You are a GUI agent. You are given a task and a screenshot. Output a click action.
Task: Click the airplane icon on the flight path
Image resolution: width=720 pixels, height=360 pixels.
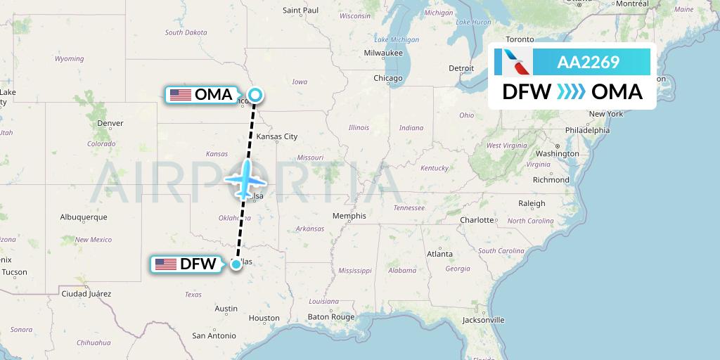243,178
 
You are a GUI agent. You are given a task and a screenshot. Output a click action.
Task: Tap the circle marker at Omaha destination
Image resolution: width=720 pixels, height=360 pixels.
255,94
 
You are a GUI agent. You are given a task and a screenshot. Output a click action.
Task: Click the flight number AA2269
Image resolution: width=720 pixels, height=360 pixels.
588,62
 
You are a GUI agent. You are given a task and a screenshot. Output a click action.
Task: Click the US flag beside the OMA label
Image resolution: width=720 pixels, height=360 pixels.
181,94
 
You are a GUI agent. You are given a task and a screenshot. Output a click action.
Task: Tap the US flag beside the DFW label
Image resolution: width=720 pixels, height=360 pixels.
166,264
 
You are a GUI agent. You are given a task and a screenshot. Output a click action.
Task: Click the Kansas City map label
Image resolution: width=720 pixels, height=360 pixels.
277,136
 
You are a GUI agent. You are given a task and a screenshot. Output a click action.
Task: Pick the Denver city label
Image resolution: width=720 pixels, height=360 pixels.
110,123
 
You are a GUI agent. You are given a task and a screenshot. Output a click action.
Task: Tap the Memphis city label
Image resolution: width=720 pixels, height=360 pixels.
349,216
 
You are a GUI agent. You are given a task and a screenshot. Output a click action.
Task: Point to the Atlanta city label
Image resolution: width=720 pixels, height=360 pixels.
440,254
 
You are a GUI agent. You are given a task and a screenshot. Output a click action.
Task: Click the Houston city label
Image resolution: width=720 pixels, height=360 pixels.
264,318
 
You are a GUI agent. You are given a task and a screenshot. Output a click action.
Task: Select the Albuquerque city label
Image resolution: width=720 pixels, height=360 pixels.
84,217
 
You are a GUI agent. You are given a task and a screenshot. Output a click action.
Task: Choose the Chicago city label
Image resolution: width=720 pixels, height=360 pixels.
388,78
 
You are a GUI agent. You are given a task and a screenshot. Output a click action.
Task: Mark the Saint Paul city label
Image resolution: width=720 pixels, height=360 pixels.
300,11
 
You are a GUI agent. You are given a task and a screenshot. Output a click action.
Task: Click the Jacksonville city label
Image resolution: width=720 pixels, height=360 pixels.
483,320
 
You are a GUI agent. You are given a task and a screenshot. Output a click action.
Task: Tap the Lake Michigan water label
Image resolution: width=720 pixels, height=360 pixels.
396,39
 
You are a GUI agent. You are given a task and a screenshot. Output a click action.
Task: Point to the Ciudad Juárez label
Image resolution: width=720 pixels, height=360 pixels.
86,293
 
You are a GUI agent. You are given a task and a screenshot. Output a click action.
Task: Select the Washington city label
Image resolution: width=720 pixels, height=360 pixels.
557,153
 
